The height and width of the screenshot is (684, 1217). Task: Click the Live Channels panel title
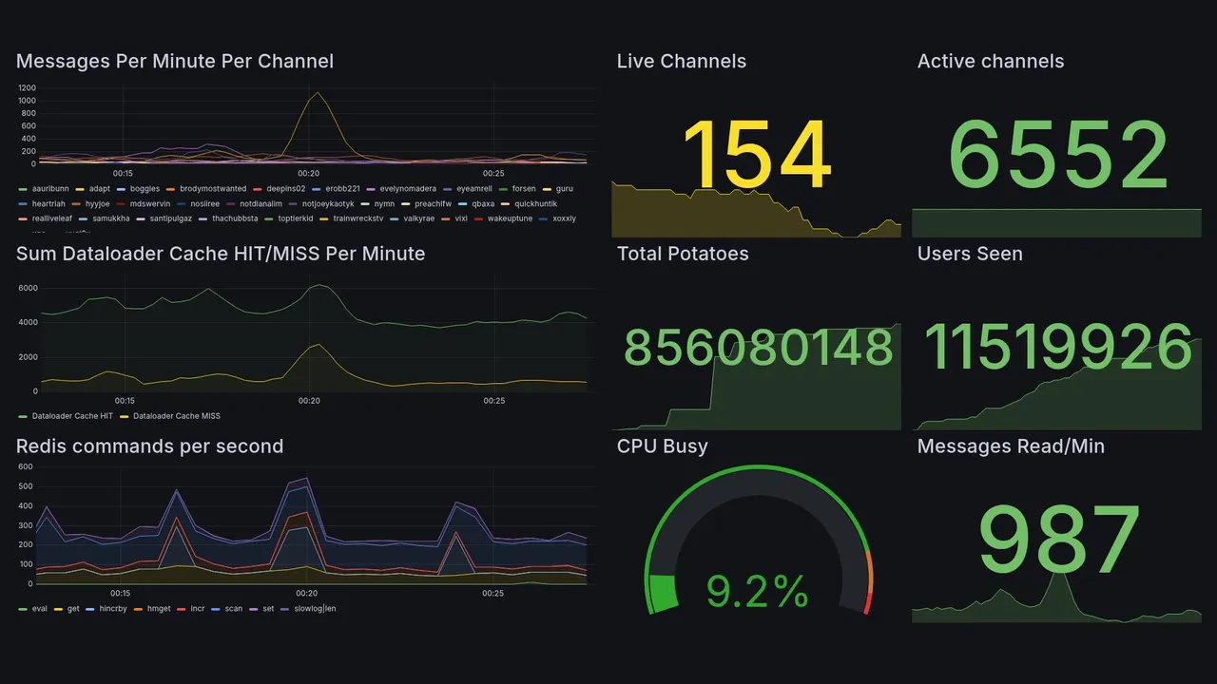[x=681, y=62]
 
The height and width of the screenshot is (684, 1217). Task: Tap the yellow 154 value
[x=757, y=157]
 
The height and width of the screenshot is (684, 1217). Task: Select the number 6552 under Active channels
[x=1058, y=157]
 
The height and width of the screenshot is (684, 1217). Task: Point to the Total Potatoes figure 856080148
[x=758, y=349]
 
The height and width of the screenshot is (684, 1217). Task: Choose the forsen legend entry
[x=523, y=189]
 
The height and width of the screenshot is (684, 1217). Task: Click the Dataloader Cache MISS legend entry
[x=176, y=416]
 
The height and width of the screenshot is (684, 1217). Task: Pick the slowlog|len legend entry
[x=315, y=608]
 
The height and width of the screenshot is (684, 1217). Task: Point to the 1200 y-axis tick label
[x=27, y=87]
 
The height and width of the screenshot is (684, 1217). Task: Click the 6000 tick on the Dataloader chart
[x=28, y=288]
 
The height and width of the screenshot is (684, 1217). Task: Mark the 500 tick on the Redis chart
[x=27, y=486]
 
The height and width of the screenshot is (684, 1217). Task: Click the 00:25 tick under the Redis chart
[x=493, y=594]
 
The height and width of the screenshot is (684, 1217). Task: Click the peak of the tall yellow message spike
[x=316, y=92]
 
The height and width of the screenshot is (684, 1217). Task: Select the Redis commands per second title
[x=149, y=446]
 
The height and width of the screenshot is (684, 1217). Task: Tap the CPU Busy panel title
[x=662, y=446]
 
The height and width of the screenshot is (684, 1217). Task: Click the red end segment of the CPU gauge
[x=867, y=602]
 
